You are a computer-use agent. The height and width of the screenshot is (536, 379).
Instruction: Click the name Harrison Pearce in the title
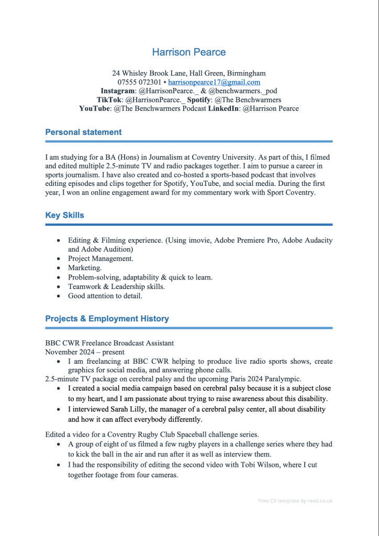(x=189, y=52)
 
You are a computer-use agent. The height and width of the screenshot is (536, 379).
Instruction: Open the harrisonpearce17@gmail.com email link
(x=214, y=82)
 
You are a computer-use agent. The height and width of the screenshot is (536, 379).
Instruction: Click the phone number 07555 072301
(x=139, y=82)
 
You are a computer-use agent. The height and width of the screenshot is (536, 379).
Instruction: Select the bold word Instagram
(x=118, y=91)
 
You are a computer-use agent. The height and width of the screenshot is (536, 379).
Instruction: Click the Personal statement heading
(x=83, y=132)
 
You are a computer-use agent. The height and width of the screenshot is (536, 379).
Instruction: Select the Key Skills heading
(x=64, y=215)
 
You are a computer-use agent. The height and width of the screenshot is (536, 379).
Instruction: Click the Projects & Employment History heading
(x=107, y=318)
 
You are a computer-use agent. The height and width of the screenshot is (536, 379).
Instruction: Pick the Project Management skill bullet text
(x=101, y=259)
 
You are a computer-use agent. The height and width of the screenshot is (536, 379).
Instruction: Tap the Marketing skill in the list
(x=85, y=268)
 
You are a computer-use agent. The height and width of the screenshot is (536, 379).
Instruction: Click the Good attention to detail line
(x=105, y=296)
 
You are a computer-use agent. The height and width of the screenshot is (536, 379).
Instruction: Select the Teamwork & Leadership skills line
(x=116, y=286)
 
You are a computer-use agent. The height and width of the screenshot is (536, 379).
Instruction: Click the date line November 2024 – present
(x=85, y=352)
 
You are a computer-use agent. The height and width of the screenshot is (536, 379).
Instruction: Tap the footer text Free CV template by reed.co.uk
(x=295, y=501)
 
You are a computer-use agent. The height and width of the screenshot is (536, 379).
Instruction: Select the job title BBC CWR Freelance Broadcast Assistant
(x=109, y=343)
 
